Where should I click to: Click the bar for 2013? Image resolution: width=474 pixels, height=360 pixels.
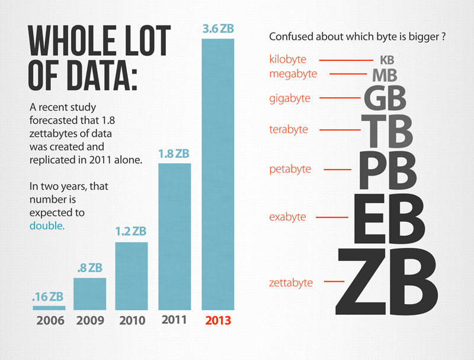(218, 174)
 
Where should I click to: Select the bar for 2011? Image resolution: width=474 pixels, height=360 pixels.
(175, 237)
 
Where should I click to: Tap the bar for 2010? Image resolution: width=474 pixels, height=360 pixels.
(132, 276)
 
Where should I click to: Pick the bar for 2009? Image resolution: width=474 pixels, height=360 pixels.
(90, 294)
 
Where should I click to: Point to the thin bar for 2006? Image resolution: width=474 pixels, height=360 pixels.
(49, 308)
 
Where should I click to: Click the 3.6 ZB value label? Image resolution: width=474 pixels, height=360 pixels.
(218, 28)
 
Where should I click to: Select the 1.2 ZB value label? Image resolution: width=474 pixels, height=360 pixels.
(131, 231)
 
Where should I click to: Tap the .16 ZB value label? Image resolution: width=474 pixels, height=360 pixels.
(48, 297)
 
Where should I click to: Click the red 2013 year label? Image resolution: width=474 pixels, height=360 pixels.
(218, 320)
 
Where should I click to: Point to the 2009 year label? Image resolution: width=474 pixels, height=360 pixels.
(90, 320)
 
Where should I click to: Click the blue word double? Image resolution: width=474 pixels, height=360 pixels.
(47, 226)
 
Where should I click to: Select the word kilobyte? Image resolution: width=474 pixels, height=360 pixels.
(288, 59)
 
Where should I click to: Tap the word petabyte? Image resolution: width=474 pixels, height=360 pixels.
(290, 169)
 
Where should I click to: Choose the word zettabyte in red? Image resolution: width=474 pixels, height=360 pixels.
(291, 283)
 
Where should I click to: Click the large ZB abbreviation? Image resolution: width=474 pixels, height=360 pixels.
(387, 282)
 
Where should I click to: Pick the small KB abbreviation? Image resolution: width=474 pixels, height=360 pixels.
(387, 60)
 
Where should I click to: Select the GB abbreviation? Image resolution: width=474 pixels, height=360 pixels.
(385, 98)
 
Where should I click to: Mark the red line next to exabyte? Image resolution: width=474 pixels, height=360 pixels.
(332, 217)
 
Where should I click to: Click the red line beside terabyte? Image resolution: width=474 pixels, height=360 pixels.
(340, 130)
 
